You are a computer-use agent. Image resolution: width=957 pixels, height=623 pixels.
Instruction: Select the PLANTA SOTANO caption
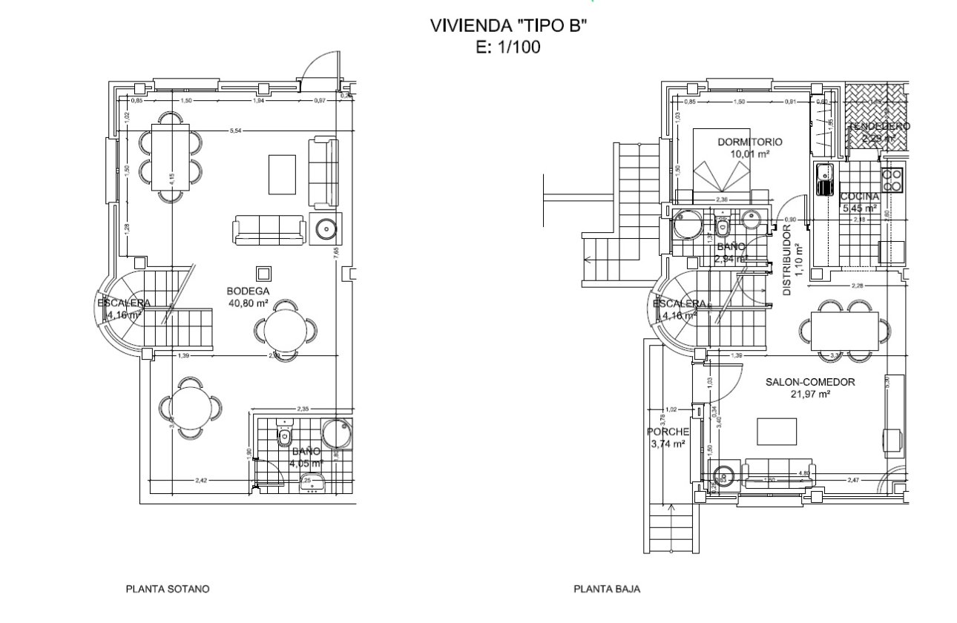coord(168,590)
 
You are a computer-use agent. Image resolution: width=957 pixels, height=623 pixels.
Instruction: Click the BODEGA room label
coord(249,291)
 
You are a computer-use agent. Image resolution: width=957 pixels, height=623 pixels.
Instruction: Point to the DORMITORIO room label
coord(750,142)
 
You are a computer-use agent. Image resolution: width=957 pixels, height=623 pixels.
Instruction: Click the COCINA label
coord(860,197)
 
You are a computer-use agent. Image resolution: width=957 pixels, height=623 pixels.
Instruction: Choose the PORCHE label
coord(668,432)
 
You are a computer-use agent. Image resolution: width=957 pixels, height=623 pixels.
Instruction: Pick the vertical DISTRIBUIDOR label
coord(787,260)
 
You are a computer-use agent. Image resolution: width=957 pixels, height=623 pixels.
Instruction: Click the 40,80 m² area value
coord(249,302)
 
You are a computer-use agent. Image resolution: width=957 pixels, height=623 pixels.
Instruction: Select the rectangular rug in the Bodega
coord(282,174)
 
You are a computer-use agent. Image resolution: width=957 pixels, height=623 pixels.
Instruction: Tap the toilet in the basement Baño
coord(284,436)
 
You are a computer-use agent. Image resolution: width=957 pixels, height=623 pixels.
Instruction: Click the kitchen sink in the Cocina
coord(823,178)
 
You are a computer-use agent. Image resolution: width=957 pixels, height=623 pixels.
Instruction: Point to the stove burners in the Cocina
coord(892,179)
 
